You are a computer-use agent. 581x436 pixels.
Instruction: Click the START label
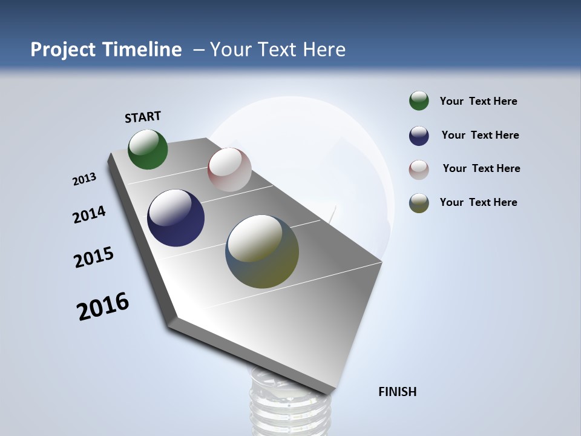pyautogui.click(x=143, y=116)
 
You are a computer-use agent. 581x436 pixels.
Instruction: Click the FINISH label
pyautogui.click(x=398, y=392)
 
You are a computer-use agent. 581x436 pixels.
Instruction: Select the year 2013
pyautogui.click(x=84, y=179)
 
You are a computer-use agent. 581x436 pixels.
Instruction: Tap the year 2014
pyautogui.click(x=89, y=215)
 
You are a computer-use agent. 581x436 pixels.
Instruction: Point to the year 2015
pyautogui.click(x=94, y=257)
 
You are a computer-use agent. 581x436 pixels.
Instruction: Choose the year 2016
pyautogui.click(x=103, y=306)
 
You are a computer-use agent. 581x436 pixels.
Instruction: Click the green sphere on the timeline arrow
pyautogui.click(x=148, y=149)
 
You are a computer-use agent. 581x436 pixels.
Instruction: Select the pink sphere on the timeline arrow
pyautogui.click(x=229, y=170)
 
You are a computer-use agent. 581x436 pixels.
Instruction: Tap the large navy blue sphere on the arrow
pyautogui.click(x=176, y=218)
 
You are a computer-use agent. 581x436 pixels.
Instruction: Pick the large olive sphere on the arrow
pyautogui.click(x=262, y=251)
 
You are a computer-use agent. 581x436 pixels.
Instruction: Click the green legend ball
pyautogui.click(x=419, y=101)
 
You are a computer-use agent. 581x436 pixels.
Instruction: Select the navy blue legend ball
pyautogui.click(x=419, y=135)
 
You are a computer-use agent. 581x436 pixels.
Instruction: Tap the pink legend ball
pyautogui.click(x=419, y=169)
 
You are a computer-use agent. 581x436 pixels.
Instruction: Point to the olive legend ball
pyautogui.click(x=419, y=203)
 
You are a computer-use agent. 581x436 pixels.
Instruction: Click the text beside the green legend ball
pyautogui.click(x=478, y=101)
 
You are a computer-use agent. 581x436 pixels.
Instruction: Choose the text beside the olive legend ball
pyautogui.click(x=478, y=202)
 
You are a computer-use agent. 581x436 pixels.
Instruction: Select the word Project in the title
pyautogui.click(x=64, y=50)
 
